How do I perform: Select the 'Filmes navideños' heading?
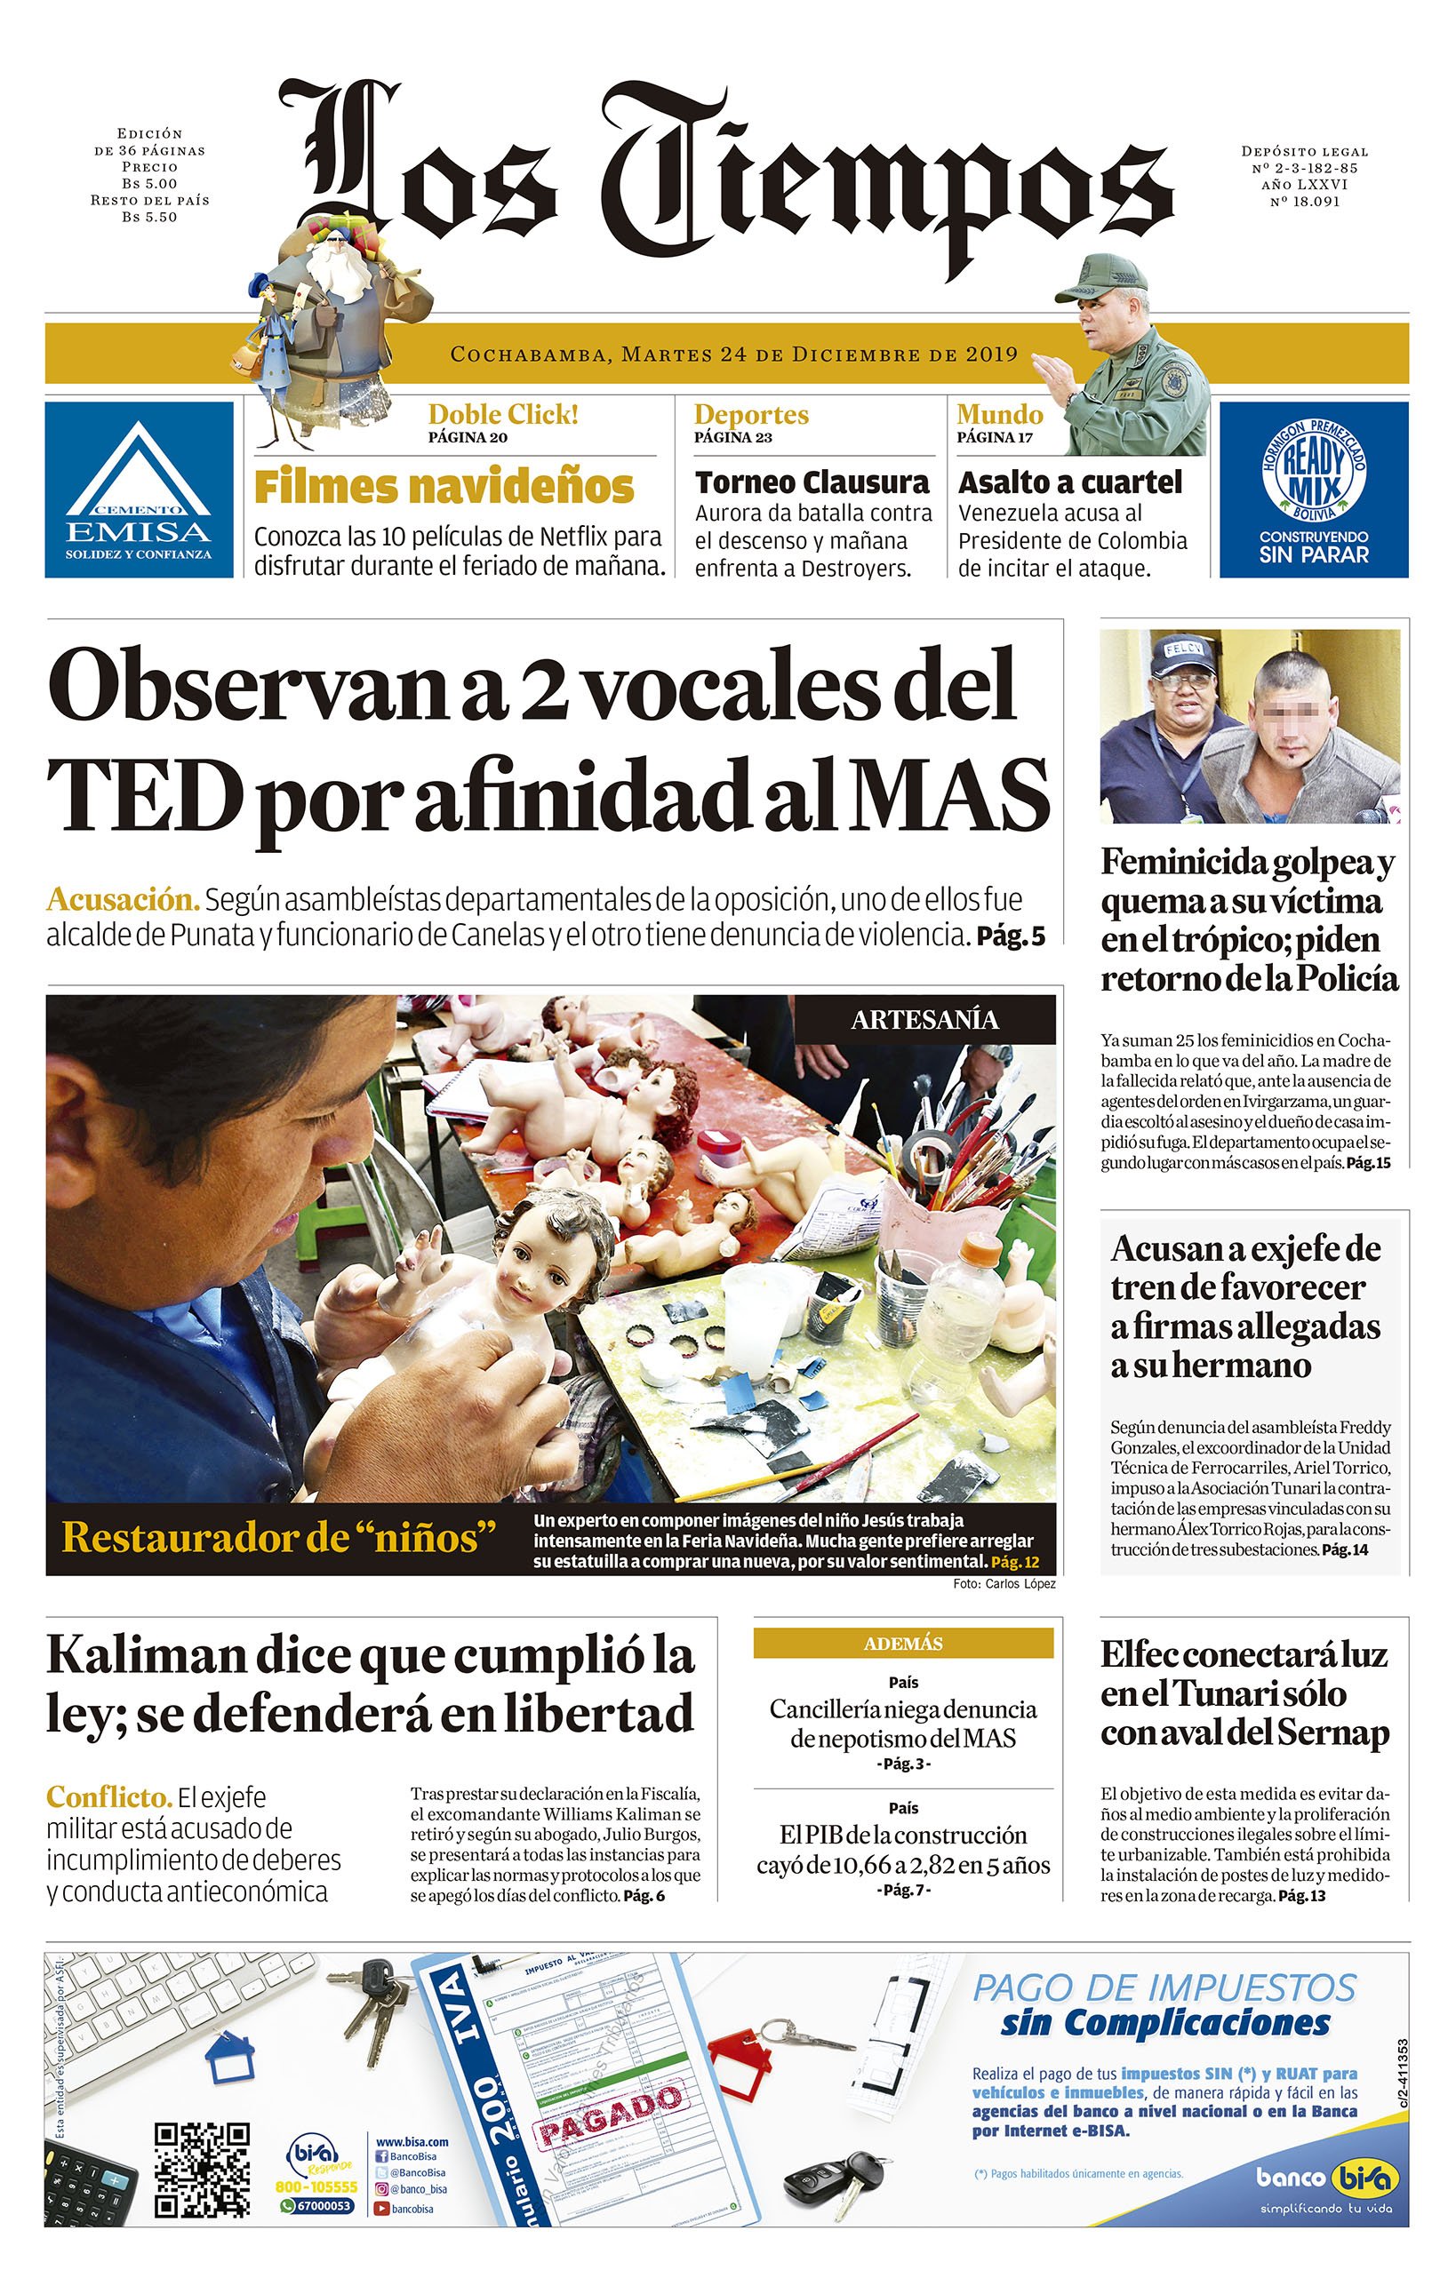[444, 488]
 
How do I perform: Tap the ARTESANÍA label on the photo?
[924, 1020]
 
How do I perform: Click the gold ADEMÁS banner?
[903, 1644]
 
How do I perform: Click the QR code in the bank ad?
[203, 2170]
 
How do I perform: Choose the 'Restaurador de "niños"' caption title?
[279, 1539]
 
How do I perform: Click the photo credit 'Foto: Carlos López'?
[1004, 1584]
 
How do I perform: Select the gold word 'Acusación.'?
[123, 898]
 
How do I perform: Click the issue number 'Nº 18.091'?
[1305, 202]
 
